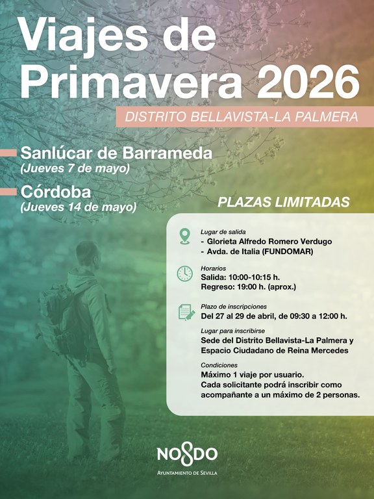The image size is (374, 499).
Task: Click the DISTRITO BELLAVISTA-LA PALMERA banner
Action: coord(241,118)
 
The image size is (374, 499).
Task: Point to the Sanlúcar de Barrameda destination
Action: coord(116,153)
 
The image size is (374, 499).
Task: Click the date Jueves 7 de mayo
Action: coord(75,168)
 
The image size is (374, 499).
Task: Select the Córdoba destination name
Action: coord(56,192)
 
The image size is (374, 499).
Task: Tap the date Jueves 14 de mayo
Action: coord(79,207)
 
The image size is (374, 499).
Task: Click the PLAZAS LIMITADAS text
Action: coord(283,201)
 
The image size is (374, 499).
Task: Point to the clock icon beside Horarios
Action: coord(184,274)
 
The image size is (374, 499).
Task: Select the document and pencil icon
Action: coord(186,312)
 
